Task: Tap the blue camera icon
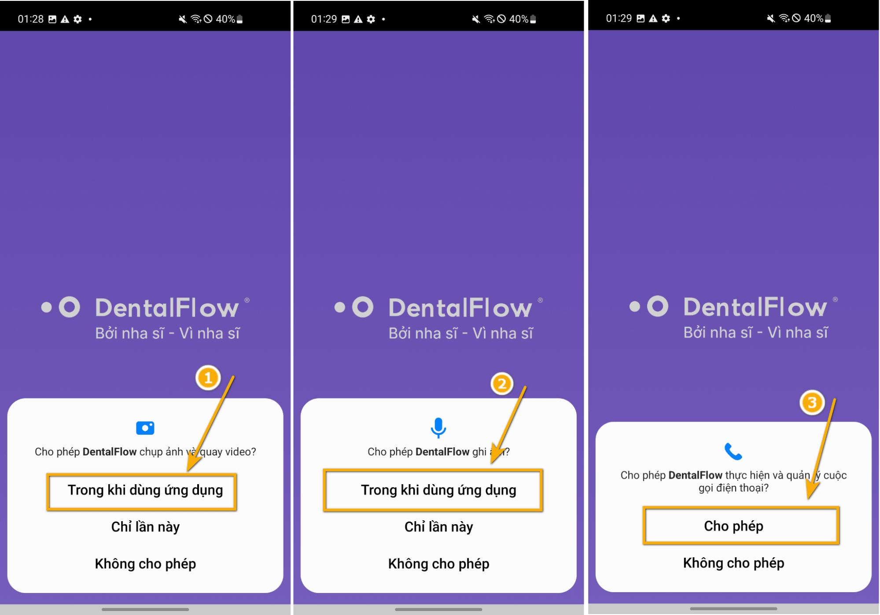click(145, 428)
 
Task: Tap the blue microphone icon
click(438, 427)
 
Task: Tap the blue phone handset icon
click(733, 451)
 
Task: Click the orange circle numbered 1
click(208, 378)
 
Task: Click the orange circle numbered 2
click(501, 384)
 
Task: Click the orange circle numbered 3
click(812, 402)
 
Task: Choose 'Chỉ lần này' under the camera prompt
click(145, 527)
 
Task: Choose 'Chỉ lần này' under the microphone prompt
click(438, 527)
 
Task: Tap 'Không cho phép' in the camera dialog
click(145, 564)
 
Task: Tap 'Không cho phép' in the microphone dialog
click(438, 564)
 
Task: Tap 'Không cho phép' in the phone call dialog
click(733, 563)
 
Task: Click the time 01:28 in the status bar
click(30, 19)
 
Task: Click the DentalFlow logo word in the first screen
click(167, 307)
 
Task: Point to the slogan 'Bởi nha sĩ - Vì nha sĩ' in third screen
click(755, 333)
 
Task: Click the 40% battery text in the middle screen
click(519, 19)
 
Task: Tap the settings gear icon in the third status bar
click(666, 19)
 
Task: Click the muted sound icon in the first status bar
click(182, 19)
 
